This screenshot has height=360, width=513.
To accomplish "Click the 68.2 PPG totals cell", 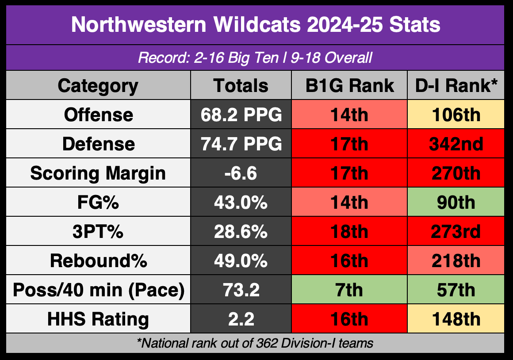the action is point(241,115).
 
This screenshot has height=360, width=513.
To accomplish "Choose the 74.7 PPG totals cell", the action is point(241,144).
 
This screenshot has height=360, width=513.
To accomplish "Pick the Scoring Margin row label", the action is point(98,173).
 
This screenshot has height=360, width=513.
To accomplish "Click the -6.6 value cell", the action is point(241,173).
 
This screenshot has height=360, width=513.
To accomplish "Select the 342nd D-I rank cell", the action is point(456,144).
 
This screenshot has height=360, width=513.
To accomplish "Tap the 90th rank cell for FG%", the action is point(456,202).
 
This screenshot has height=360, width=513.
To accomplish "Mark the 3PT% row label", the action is point(98,232).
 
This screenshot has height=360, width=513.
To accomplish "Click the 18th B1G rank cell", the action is point(349,231).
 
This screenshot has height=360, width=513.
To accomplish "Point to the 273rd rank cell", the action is point(456,231).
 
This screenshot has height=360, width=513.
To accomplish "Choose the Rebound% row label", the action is point(99,261).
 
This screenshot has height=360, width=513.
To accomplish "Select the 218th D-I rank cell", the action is point(456,260).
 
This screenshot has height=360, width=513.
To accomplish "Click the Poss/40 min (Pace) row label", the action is point(99,290).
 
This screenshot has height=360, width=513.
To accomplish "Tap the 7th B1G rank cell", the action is point(349,289).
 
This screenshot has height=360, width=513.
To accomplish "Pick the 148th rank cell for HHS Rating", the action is point(456,318).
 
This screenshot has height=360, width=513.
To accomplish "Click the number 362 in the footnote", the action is point(267,343).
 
